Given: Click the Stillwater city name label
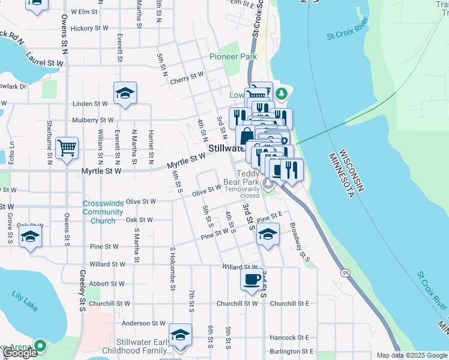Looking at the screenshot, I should [226, 148].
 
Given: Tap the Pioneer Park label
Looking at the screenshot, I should [233, 56].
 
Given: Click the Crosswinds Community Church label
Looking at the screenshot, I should [103, 212].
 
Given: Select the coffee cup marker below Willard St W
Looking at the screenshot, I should [251, 279].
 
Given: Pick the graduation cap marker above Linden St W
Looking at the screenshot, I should [125, 93].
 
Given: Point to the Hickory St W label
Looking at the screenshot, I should [89, 28].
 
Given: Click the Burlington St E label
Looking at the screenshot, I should [291, 352].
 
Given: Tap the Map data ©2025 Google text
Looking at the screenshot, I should [411, 355].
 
